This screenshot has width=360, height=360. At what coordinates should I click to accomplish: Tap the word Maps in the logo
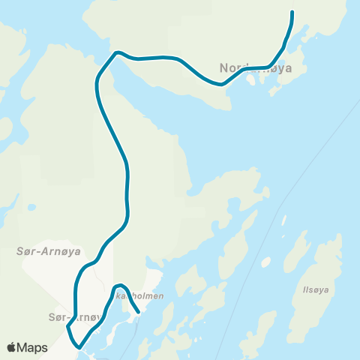click(34, 347)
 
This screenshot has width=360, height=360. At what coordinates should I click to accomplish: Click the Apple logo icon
click(13, 347)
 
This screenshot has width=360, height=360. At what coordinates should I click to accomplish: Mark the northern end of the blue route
click(292, 13)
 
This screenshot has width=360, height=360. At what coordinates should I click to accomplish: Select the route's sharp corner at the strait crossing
click(115, 53)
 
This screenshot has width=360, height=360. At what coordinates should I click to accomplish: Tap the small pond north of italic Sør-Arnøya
click(31, 207)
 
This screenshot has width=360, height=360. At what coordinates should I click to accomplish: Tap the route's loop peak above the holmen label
click(118, 286)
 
